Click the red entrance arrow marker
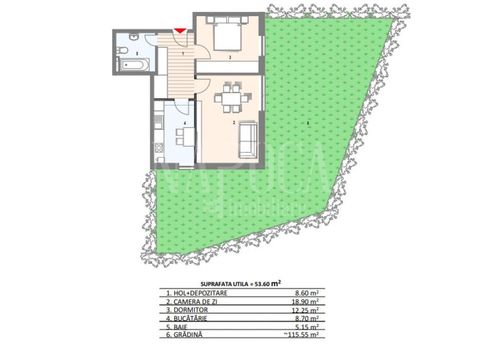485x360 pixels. click(x=179, y=30)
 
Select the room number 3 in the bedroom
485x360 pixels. click(x=230, y=57)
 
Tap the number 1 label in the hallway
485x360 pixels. click(x=183, y=53)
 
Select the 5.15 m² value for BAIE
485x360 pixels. click(x=307, y=327)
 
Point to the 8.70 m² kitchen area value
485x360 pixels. click(x=307, y=318)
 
